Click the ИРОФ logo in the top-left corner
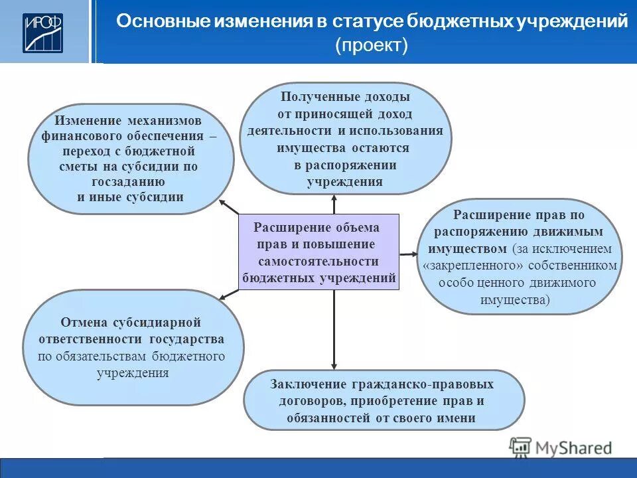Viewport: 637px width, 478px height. (43, 32)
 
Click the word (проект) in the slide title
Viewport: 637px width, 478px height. (372, 45)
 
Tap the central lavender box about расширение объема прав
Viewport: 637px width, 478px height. (319, 252)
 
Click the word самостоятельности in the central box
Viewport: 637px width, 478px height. (318, 262)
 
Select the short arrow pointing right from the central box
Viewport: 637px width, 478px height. (408, 254)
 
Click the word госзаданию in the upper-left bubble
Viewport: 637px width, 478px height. (130, 181)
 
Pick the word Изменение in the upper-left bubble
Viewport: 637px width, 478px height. (88, 121)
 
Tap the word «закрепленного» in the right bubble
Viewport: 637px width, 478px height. (472, 266)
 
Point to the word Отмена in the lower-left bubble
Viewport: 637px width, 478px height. (82, 323)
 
